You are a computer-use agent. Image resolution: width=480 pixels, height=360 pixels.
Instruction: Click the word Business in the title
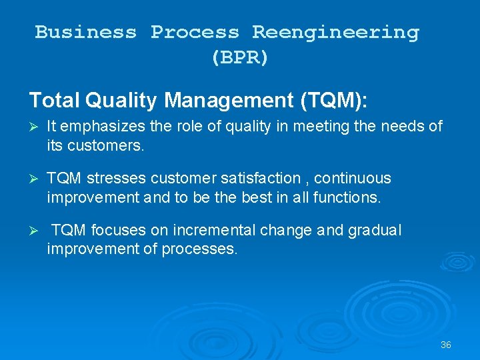[85, 32]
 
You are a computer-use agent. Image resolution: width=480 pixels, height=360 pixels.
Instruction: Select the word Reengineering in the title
[335, 32]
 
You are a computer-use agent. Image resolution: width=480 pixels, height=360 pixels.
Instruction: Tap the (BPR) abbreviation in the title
[240, 58]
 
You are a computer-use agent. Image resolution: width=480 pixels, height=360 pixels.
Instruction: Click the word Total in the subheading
[54, 101]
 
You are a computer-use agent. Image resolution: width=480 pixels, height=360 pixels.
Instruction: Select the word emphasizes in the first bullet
[95, 127]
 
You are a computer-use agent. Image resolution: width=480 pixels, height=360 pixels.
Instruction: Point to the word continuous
[352, 179]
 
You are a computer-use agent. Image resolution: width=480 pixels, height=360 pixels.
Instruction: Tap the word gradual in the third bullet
[375, 231]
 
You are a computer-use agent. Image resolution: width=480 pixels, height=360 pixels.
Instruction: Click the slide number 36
[446, 345]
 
